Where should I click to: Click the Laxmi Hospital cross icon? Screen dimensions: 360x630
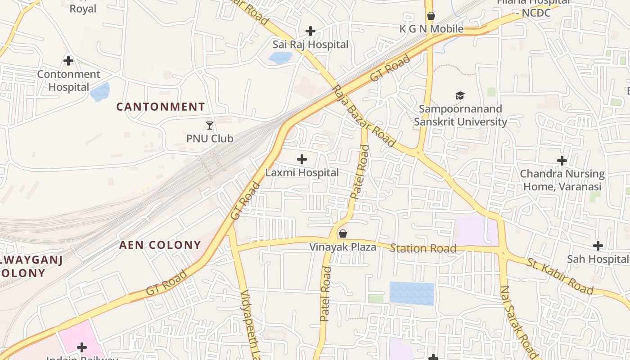(x=302, y=159)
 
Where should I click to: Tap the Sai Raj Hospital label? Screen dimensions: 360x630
(x=310, y=45)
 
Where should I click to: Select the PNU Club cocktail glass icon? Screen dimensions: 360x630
(x=210, y=126)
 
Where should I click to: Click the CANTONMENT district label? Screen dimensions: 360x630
(x=161, y=107)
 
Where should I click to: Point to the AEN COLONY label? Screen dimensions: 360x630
(x=160, y=245)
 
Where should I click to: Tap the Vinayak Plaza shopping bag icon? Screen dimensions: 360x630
(x=343, y=234)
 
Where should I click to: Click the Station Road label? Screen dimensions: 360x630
(x=423, y=248)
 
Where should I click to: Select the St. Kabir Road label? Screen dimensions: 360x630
(x=560, y=276)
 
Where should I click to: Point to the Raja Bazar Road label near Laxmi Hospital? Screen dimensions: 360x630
(x=364, y=116)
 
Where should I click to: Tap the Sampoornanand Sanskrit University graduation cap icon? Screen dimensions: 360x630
(x=460, y=95)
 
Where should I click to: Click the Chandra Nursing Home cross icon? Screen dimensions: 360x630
(x=562, y=161)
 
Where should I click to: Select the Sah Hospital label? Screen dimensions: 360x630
(x=598, y=259)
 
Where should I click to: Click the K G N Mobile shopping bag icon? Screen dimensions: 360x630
(x=431, y=16)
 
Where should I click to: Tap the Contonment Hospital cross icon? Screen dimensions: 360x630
(x=68, y=60)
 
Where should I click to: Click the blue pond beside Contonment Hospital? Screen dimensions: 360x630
(x=100, y=92)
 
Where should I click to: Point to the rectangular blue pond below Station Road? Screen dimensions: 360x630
(x=411, y=293)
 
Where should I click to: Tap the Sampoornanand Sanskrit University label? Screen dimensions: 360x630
(x=460, y=116)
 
